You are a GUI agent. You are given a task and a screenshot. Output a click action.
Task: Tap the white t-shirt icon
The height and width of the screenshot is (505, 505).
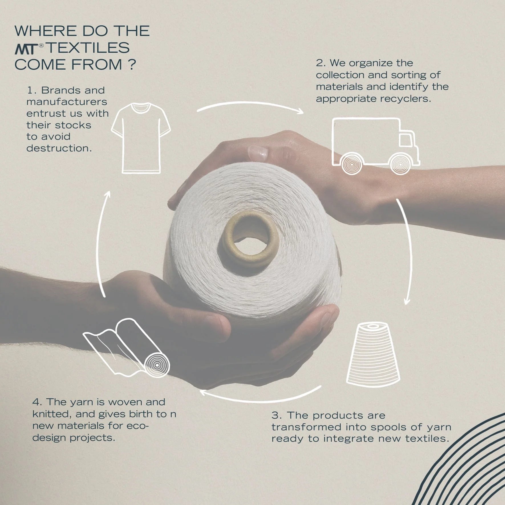[141, 138]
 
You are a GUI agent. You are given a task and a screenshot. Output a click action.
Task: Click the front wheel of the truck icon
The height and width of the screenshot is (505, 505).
[400, 165]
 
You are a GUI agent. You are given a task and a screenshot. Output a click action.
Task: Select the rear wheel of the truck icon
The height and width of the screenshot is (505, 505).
[351, 165]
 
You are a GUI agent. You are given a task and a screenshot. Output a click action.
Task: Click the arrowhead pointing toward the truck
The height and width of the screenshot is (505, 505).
[300, 111]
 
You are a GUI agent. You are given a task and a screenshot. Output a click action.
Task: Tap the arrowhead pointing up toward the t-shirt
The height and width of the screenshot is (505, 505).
[107, 195]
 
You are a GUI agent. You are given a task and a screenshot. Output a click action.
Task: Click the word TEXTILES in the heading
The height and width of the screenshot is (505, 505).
[88, 48]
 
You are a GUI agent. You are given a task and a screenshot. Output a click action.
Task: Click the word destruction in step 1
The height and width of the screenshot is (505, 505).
[59, 148]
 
